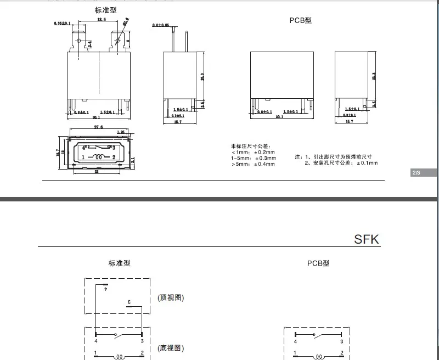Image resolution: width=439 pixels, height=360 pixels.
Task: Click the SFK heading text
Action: pyautogui.click(x=367, y=240)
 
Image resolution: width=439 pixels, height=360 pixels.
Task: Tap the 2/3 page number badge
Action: pyautogui.click(x=415, y=173)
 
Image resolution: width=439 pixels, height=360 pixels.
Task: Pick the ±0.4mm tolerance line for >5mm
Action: pyautogui.click(x=253, y=164)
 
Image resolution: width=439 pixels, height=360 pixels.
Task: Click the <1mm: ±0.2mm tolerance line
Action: pyautogui.click(x=253, y=153)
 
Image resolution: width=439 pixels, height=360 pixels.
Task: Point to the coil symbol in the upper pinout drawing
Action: pyautogui.click(x=99, y=157)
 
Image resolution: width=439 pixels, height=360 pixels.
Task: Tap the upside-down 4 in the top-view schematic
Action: pyautogui.click(x=106, y=288)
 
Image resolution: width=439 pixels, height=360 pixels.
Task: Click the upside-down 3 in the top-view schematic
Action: pyautogui.click(x=130, y=302)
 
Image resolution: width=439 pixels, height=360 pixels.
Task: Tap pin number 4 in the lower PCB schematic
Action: pyautogui.click(x=295, y=341)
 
